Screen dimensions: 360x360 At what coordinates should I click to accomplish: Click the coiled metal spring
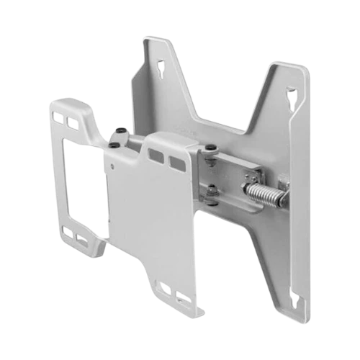[264, 192]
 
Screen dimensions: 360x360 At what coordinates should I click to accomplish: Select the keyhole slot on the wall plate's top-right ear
[290, 94]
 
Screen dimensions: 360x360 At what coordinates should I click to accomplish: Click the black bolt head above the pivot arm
[210, 149]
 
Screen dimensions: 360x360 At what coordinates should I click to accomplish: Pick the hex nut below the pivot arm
[211, 191]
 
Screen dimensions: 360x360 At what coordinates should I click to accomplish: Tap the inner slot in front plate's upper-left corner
[71, 122]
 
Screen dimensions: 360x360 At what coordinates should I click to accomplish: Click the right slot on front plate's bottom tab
[184, 297]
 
